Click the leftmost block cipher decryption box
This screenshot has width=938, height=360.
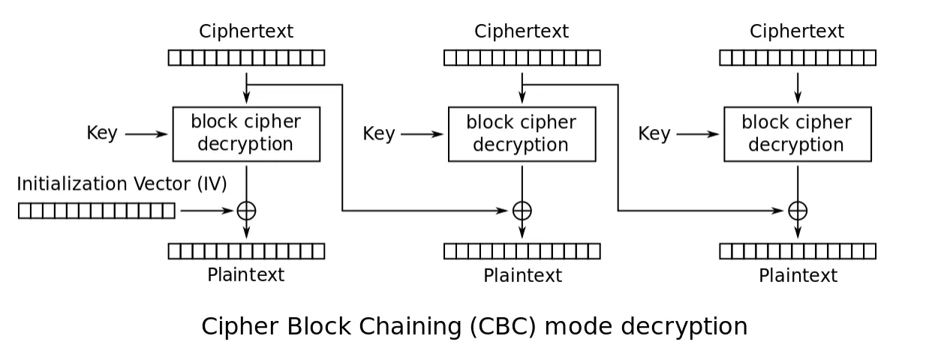coord(246,133)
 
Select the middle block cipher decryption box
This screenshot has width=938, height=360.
coord(522,133)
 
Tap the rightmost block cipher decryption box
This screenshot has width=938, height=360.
coord(797,133)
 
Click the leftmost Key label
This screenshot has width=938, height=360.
coord(102,133)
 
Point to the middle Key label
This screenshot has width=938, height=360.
coord(378,134)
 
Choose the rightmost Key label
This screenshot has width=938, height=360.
coord(654,134)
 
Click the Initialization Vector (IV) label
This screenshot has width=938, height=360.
coord(122,184)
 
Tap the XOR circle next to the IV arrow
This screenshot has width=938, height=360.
coord(246,211)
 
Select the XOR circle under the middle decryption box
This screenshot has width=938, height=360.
coord(522,211)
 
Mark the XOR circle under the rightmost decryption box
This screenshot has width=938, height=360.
coord(798,211)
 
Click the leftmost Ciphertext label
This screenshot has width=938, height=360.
coord(246,31)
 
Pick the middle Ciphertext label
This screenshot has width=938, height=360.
coord(522,31)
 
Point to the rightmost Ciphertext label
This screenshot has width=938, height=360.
coord(797,31)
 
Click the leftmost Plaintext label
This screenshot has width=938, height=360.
coord(246,275)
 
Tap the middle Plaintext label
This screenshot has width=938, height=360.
coord(522,276)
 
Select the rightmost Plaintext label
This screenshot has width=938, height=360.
coord(798,276)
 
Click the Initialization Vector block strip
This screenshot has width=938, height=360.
coord(97,211)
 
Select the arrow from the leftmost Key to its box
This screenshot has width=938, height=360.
coord(147,134)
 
